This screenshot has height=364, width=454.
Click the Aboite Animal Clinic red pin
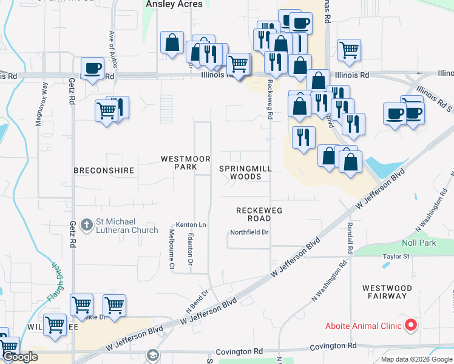(x=411, y=325)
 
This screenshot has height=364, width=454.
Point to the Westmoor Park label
(x=180, y=163)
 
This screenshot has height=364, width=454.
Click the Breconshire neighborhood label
(x=103, y=170)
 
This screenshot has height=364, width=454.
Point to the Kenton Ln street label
(x=191, y=225)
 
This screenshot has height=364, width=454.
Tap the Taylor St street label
(x=396, y=257)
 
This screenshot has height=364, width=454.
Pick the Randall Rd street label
(x=350, y=237)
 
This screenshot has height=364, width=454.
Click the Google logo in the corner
(x=19, y=357)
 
